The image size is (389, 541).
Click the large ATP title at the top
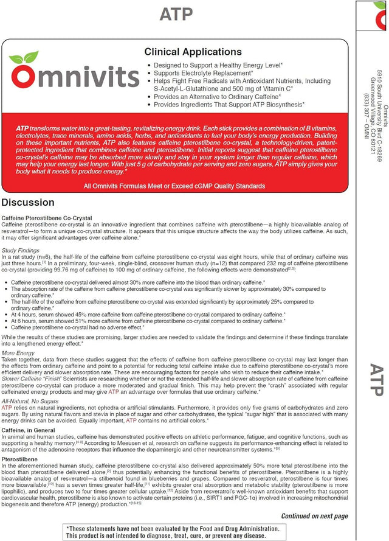pyautogui.click(x=176, y=14)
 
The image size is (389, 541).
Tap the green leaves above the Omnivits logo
pyautogui.click(x=24, y=58)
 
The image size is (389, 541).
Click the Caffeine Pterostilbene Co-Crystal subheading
pyautogui.click(x=47, y=217)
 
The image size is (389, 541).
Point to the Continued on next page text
pyautogui.click(x=314, y=515)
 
